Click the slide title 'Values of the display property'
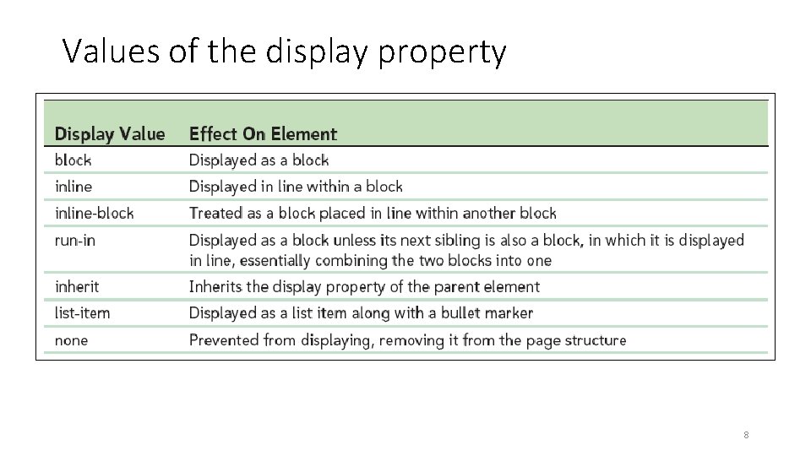coord(285,52)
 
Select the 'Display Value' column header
coord(110,133)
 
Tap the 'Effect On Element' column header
coord(263,133)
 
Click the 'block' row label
coord(73,160)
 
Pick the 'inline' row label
coord(73,186)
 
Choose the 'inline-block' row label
coord(94,213)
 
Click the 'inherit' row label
coord(78,286)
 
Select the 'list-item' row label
coord(82,312)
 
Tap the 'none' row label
coord(71,339)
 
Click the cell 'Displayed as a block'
coord(259,160)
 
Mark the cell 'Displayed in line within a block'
coord(296,186)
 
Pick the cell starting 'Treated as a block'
coord(373,213)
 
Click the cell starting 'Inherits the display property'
coord(364,286)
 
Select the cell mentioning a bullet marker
coord(361,312)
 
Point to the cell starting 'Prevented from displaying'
coord(407,339)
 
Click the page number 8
coord(747,435)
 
